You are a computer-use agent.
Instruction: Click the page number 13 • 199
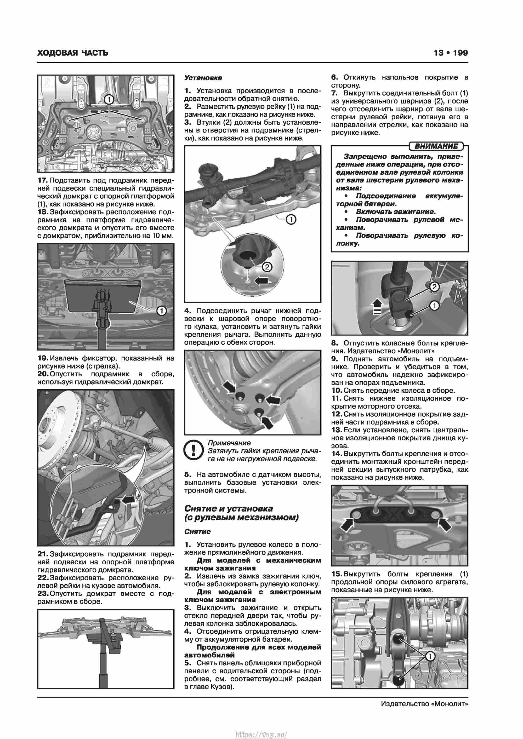click(x=451, y=53)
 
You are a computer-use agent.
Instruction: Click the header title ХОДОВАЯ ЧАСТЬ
click(x=73, y=53)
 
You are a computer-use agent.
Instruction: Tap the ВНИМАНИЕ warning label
click(x=436, y=146)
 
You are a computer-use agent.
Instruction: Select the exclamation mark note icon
click(x=193, y=450)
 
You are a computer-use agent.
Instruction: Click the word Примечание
click(x=229, y=443)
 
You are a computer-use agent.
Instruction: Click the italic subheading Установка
click(x=203, y=78)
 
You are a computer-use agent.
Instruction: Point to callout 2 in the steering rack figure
click(x=267, y=267)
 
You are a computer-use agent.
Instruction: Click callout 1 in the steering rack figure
click(x=291, y=220)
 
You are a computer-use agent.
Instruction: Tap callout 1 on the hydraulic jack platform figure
click(x=161, y=311)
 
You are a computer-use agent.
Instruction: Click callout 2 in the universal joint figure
click(x=434, y=287)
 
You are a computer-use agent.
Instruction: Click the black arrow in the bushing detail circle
click(x=261, y=281)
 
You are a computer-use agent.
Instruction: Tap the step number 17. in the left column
click(x=43, y=181)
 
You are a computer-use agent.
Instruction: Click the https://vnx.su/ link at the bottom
click(x=261, y=732)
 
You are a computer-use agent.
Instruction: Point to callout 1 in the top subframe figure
click(x=109, y=99)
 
